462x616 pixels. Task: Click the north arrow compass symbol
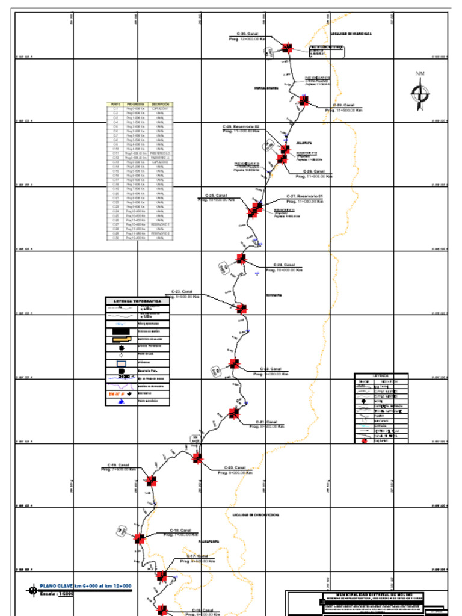click(419, 94)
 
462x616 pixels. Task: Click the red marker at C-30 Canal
click(287, 48)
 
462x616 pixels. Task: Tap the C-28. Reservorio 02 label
click(241, 127)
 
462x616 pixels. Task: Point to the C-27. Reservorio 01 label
click(305, 197)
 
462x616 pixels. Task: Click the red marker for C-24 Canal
click(241, 259)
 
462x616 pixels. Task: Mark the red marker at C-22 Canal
click(234, 364)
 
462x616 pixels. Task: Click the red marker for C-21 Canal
click(234, 413)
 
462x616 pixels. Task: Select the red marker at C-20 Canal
click(197, 458)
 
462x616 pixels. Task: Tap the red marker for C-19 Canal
click(151, 481)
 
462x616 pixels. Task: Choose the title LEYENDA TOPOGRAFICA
click(137, 301)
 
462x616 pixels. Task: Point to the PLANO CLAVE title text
click(85, 586)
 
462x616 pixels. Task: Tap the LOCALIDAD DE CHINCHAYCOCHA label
click(256, 515)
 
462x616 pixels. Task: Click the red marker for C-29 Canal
click(304, 100)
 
